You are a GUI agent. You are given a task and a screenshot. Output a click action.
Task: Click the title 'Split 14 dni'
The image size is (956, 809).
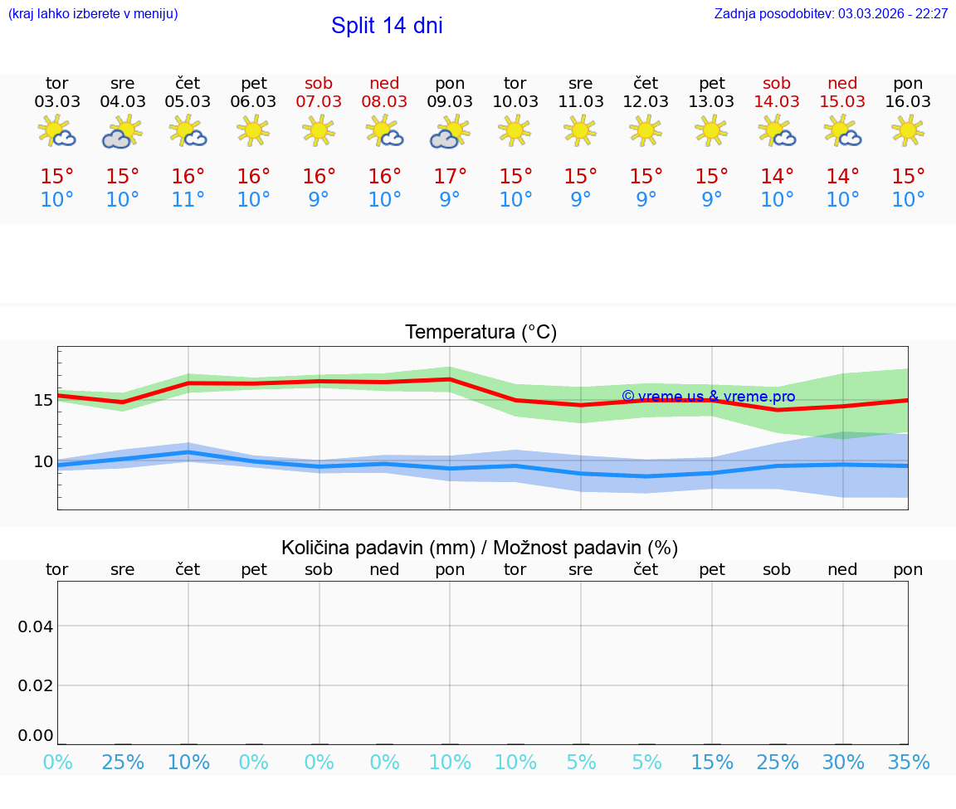pos(387,26)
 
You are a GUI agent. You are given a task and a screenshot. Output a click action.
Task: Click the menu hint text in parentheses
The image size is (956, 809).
pos(93,14)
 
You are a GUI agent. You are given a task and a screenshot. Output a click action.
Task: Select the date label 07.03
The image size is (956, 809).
pos(319,102)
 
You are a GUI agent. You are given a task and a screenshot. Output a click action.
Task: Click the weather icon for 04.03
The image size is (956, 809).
pos(122,132)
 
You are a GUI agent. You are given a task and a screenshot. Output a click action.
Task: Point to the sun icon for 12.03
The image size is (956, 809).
pos(646,130)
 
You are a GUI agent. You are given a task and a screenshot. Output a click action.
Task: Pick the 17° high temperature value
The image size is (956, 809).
pos(450,177)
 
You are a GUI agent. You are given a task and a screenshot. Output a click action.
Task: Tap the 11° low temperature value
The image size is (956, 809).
pos(188,200)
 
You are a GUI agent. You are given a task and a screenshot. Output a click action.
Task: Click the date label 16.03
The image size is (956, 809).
pos(908,102)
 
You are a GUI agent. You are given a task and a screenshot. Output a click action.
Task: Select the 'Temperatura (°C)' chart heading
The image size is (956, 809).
pos(480,333)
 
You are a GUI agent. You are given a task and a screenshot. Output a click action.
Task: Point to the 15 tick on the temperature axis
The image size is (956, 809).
pos(42,400)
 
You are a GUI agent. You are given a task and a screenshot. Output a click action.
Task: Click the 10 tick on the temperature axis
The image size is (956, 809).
pos(42,461)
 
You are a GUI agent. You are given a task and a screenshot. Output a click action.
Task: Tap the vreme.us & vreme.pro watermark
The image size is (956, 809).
pos(708,397)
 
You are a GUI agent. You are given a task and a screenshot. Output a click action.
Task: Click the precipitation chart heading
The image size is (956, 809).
pos(480,548)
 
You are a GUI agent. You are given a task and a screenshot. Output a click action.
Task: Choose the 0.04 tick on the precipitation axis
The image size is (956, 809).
pos(36,626)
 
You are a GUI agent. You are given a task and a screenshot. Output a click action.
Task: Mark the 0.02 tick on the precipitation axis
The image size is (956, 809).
pos(36,685)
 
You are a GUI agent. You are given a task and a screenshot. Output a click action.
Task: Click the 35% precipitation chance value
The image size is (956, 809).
pos(908,763)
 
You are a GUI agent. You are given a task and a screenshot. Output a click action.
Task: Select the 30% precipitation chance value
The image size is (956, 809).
pos(843,763)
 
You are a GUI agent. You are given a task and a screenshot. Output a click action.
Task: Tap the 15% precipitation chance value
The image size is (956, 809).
pos(712,763)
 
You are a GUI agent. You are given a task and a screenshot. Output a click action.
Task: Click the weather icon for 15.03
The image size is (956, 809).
pos(843,132)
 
